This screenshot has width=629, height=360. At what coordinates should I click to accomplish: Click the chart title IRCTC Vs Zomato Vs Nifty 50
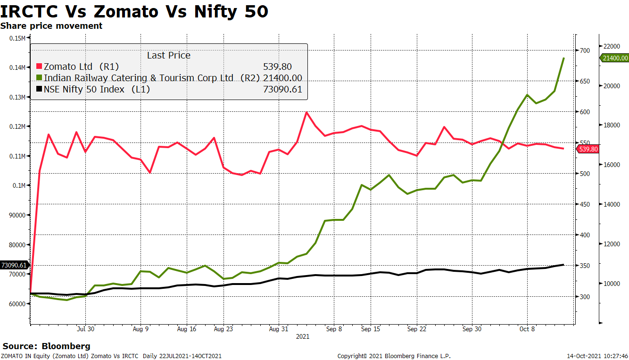134,11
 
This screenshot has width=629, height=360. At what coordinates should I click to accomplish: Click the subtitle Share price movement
51,26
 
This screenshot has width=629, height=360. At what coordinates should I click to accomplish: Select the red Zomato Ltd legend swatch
40,67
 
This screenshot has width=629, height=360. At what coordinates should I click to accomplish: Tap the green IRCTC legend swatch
40,78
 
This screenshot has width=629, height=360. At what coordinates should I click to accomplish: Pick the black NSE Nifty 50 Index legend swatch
40,89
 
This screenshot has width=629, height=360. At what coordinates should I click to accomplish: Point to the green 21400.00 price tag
614,58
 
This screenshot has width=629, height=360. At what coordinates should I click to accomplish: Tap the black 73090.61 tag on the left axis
14,265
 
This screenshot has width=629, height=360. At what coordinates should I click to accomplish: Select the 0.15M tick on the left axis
17,38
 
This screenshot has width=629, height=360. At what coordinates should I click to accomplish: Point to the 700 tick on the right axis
585,50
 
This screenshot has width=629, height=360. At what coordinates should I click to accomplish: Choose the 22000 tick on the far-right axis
612,46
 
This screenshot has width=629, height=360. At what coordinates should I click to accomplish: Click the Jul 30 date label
85,329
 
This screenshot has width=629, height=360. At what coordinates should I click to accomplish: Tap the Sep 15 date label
371,329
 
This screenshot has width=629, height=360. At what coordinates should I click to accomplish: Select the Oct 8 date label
527,329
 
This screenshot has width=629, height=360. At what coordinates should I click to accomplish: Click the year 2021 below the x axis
302,337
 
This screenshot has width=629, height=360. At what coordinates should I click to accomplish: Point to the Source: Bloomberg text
46,346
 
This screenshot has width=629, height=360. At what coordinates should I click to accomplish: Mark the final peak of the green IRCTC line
563,58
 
